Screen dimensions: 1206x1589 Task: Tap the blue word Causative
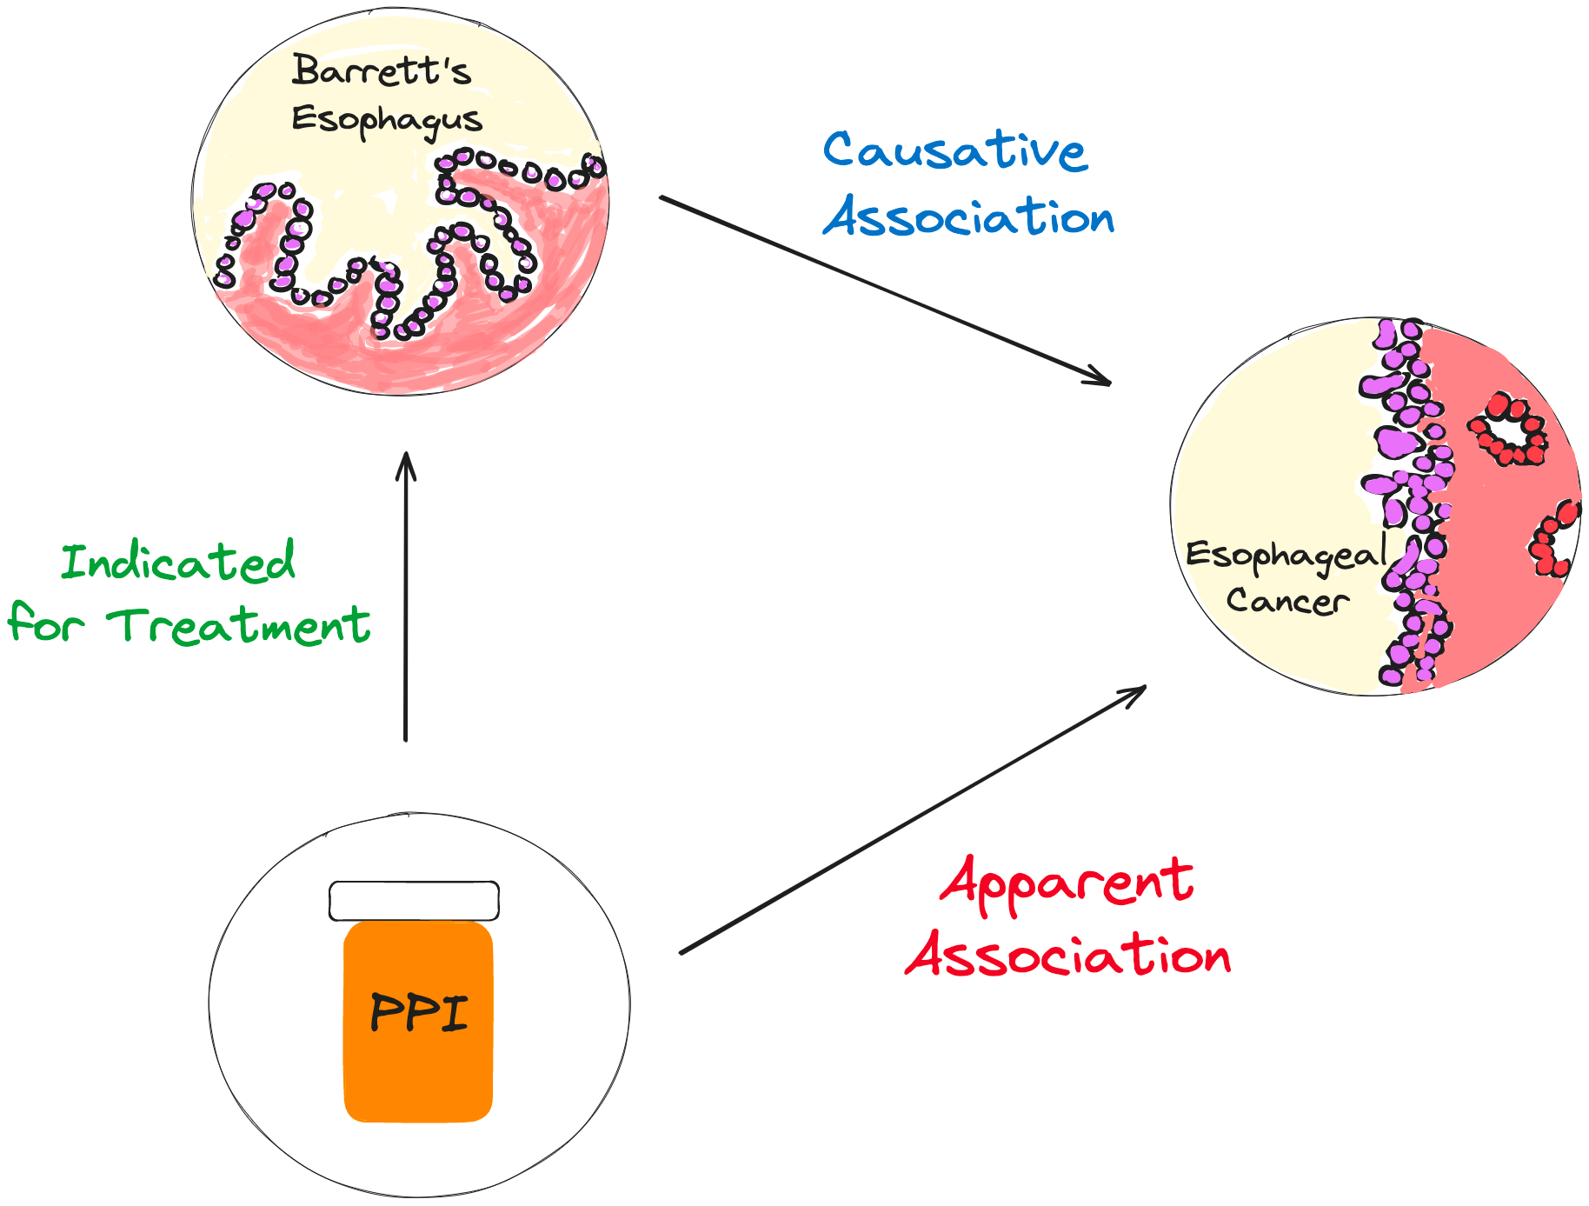point(954,150)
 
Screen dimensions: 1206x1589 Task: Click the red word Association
point(1068,955)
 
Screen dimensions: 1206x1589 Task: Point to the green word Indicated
point(178,562)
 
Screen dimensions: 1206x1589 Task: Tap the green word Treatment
point(239,626)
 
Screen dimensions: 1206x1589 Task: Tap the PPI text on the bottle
point(419,1013)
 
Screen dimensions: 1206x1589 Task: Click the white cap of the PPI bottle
point(414,901)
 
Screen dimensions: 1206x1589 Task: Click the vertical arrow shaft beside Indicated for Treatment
point(406,609)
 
